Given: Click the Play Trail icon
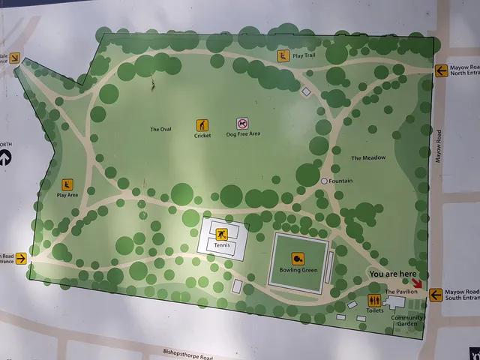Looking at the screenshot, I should coord(283,55).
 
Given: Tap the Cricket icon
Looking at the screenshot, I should coord(202,124).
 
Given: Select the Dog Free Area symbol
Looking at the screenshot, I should coord(242,123).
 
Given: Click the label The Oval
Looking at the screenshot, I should coord(160,129).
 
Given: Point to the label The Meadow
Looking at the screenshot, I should coord(368,157).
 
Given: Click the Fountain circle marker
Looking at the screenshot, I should coord(325,181).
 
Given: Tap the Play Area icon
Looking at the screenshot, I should coord(67,184).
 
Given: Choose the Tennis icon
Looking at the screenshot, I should coord(221,232).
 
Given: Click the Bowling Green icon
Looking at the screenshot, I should coord(298,259).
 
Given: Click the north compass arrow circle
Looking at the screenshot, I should coord(4,157).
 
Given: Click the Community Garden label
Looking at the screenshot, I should coord(407,321).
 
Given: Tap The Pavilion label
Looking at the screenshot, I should coord(400,292).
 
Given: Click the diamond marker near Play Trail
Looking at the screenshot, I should coord(305,91).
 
